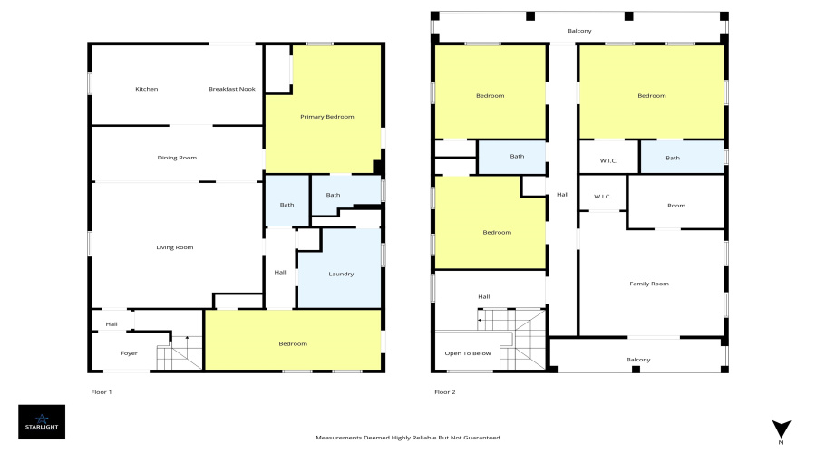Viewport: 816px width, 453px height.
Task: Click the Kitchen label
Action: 147,89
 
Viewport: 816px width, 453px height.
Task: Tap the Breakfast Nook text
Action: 231,89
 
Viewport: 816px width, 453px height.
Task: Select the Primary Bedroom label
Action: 326,117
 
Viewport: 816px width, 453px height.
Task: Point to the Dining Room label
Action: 177,158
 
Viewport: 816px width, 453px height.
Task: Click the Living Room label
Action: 176,247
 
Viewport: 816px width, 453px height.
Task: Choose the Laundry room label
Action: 341,274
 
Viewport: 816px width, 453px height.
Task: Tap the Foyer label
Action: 130,353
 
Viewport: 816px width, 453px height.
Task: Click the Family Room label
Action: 648,284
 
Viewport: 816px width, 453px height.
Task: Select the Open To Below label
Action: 468,353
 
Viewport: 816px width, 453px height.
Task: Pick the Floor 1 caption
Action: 101,392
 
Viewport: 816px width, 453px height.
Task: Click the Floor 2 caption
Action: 444,392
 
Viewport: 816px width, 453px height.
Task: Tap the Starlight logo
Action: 42,421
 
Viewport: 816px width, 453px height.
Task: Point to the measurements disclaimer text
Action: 407,438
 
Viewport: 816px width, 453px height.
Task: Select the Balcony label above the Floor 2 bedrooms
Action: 579,31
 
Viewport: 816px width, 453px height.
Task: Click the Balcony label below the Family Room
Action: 638,360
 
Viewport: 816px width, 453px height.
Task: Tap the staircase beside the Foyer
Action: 180,352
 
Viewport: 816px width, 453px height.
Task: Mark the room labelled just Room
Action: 675,206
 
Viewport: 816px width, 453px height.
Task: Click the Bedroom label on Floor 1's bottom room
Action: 292,343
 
